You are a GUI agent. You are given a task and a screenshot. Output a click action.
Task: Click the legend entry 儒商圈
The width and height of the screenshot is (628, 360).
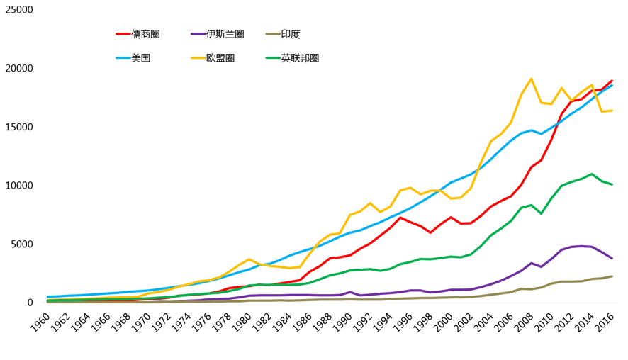pos(145,34)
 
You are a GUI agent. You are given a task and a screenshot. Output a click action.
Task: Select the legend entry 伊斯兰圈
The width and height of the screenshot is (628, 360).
pos(225,34)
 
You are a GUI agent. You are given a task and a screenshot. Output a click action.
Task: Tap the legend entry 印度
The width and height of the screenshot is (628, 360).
pos(290,34)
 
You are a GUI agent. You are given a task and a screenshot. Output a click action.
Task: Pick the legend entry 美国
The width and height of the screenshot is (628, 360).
pos(140,58)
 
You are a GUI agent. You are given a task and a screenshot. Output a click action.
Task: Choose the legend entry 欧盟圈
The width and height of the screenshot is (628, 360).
pos(220,58)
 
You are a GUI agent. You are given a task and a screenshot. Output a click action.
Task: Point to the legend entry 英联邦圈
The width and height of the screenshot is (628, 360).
pos(300,58)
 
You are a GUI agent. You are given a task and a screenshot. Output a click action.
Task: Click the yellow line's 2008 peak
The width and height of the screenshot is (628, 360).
pos(532,79)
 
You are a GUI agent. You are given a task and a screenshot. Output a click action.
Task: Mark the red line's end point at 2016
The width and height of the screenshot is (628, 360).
pos(612,81)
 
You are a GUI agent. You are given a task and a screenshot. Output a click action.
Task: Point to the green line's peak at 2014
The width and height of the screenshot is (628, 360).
pos(592,174)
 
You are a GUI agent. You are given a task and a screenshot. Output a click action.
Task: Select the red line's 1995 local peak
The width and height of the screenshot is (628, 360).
pos(400,218)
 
